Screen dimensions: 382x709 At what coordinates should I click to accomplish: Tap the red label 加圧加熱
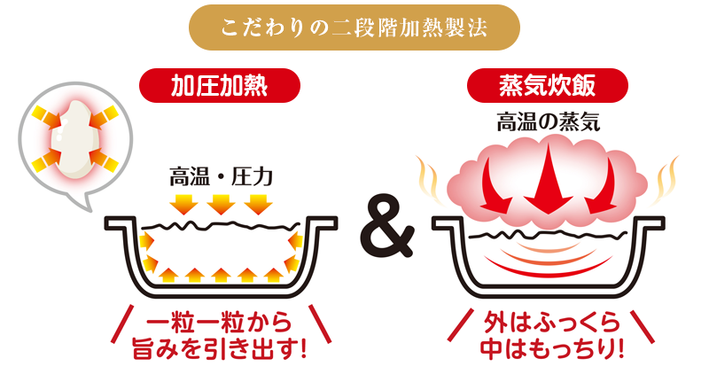tap(220, 86)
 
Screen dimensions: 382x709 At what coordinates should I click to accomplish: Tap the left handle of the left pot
tap(121, 222)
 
